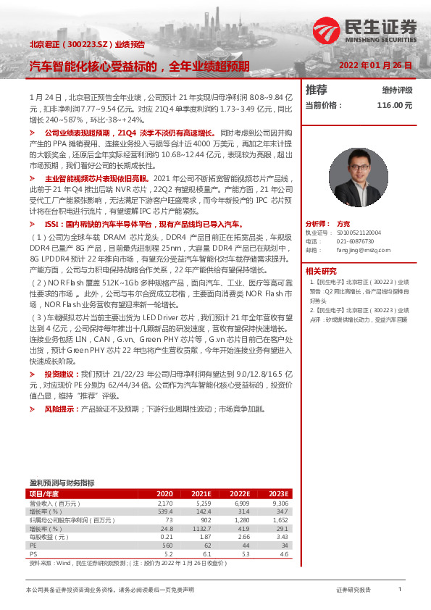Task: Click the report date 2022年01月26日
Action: coord(376,65)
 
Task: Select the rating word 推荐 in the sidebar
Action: coord(317,90)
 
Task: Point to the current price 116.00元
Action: coord(394,105)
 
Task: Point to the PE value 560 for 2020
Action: coord(167,546)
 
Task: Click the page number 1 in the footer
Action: coord(399,590)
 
